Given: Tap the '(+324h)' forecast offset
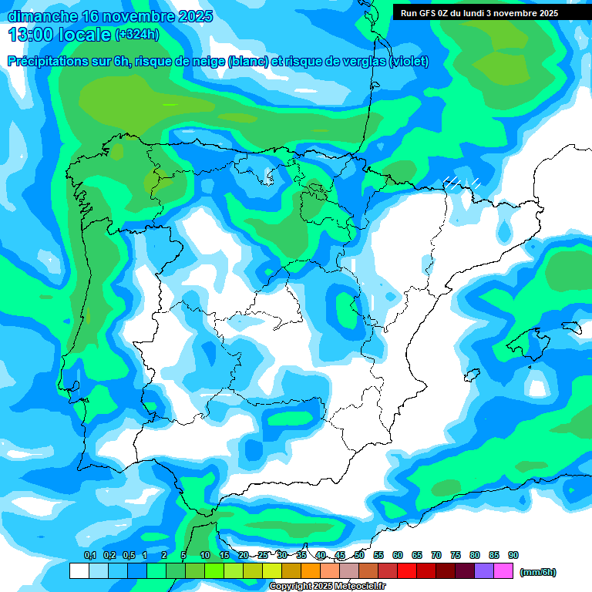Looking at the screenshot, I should point(136,35).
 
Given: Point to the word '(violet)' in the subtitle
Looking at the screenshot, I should point(409,62).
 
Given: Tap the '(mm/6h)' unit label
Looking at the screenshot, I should point(538,572).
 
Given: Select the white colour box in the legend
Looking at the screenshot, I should point(79,571).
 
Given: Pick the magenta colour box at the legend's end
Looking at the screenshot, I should point(503,571).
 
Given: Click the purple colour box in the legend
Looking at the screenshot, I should point(484,571).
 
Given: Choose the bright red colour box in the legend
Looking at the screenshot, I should point(407,571).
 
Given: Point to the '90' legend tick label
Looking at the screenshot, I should point(513,555).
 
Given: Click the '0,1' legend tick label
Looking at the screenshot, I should point(89,555).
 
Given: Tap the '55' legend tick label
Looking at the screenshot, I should point(378,555).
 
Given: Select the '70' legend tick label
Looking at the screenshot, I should point(436,555).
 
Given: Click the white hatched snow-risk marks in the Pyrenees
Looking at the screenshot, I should point(462,183).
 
